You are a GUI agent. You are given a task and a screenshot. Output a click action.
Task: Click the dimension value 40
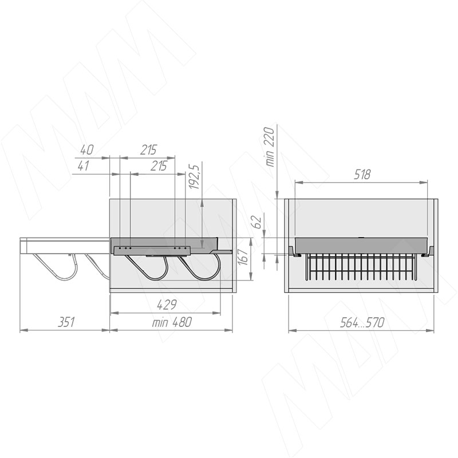86,150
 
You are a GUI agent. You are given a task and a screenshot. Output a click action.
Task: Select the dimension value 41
84,166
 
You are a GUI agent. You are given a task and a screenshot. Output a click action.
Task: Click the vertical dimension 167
243,256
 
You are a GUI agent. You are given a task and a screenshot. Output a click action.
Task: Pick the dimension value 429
167,305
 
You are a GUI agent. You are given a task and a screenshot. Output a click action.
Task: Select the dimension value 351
66,322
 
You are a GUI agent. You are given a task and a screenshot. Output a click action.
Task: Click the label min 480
172,322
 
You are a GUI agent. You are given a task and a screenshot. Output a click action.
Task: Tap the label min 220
270,147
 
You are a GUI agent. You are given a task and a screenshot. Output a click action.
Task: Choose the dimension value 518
362,175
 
